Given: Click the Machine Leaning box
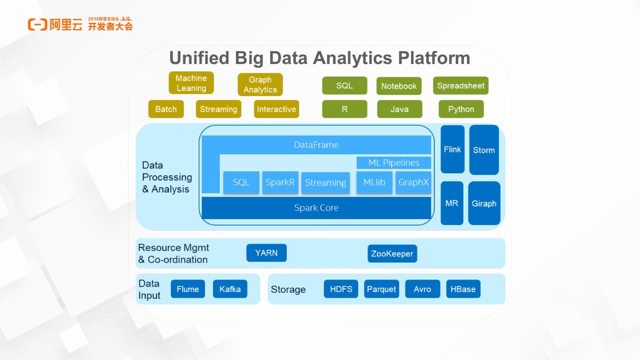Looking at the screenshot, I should click(191, 83).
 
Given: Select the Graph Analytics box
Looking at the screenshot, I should click(260, 84).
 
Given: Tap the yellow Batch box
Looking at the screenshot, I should click(166, 109).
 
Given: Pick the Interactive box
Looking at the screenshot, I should click(276, 109).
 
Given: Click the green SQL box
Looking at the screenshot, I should click(344, 85).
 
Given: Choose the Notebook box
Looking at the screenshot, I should click(399, 86).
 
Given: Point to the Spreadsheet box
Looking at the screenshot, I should click(460, 85).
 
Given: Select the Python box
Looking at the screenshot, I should click(461, 109).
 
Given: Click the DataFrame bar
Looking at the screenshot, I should click(316, 145).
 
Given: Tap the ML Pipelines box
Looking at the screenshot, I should click(394, 163).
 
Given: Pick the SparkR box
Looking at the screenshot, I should click(280, 182).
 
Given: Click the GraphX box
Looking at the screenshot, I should click(413, 182).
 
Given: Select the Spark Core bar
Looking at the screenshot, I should click(316, 208).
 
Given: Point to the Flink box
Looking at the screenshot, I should click(452, 149).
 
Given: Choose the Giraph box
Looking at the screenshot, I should click(484, 203).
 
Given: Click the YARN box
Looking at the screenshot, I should click(267, 253).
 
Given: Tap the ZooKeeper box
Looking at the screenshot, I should click(392, 254).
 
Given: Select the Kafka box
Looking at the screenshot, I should click(230, 289).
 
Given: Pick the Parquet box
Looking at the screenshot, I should click(381, 289).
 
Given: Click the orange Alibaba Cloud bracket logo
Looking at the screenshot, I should click(37, 25).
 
